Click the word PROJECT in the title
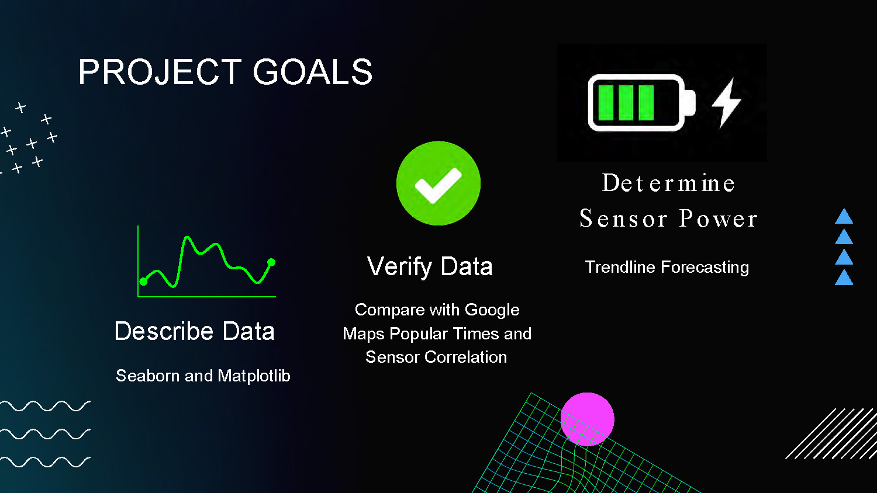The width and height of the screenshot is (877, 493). click(x=160, y=72)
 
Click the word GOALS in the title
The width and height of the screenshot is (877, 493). click(x=312, y=72)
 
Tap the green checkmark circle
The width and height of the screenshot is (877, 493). click(x=438, y=183)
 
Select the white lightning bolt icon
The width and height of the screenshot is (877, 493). click(x=726, y=103)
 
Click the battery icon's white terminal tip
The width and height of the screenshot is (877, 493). click(x=689, y=103)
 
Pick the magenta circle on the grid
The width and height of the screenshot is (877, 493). click(x=588, y=419)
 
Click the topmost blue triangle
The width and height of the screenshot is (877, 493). click(x=844, y=217)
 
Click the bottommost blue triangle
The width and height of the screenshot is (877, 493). click(x=844, y=277)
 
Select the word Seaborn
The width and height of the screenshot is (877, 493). click(x=148, y=376)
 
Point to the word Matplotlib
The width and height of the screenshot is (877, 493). click(x=254, y=376)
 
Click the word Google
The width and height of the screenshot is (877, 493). click(x=492, y=310)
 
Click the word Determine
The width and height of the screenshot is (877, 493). click(x=668, y=183)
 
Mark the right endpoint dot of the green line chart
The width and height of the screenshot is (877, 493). click(x=271, y=262)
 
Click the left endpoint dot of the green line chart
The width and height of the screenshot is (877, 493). click(x=143, y=282)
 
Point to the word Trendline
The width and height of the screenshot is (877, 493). click(x=620, y=268)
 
